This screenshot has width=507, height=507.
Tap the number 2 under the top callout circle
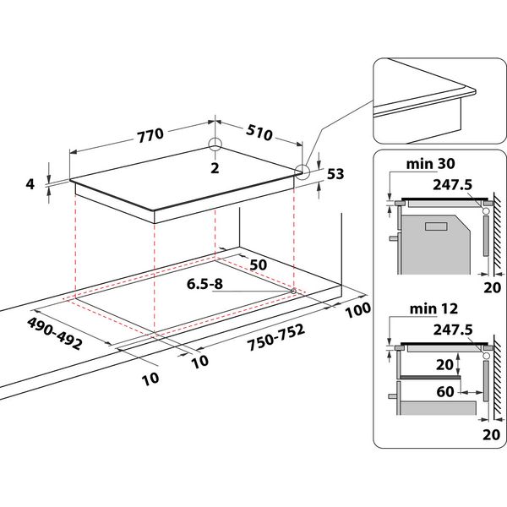click(215, 169)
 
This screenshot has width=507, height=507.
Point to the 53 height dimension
click(335, 175)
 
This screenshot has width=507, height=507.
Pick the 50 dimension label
click(258, 264)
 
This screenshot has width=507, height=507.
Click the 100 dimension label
click(358, 310)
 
